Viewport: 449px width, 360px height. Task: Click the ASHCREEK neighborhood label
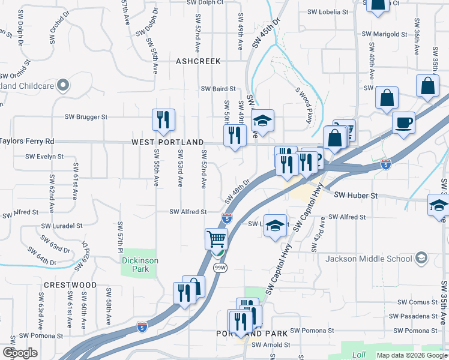(x=199, y=61)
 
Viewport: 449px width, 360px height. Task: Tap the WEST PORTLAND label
(x=167, y=143)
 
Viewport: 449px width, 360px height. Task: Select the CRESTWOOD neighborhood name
(x=70, y=284)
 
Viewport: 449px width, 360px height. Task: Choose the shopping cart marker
(x=217, y=239)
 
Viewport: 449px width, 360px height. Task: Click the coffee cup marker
(x=403, y=123)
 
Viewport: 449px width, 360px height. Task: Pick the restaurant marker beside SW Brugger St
(x=163, y=120)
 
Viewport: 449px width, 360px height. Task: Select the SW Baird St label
(x=218, y=89)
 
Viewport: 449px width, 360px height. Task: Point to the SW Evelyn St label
(x=44, y=157)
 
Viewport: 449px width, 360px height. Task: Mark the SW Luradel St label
(x=61, y=226)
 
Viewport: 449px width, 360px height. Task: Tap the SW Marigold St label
(x=385, y=34)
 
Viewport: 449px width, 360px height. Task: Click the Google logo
(x=20, y=352)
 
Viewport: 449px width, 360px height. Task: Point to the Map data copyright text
(x=411, y=355)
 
